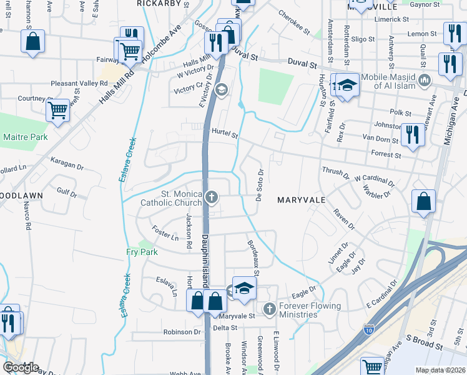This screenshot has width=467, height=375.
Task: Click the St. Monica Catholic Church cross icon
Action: click(x=212, y=198)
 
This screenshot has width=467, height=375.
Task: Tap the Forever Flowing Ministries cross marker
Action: click(x=269, y=309)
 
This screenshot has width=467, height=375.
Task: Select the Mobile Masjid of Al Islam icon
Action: click(x=425, y=79)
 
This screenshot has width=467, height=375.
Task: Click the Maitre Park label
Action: click(x=25, y=136)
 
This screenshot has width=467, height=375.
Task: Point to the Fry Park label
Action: click(x=142, y=251)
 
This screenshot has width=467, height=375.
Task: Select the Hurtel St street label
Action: click(x=225, y=133)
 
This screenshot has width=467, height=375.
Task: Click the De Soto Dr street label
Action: click(x=260, y=185)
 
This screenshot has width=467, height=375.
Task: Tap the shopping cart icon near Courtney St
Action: click(x=57, y=111)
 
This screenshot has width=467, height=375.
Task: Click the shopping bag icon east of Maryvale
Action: click(x=424, y=202)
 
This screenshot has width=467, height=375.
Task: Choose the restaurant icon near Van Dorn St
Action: click(x=413, y=135)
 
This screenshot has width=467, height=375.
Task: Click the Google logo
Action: click(x=21, y=367)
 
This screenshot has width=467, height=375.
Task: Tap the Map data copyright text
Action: click(x=441, y=370)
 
